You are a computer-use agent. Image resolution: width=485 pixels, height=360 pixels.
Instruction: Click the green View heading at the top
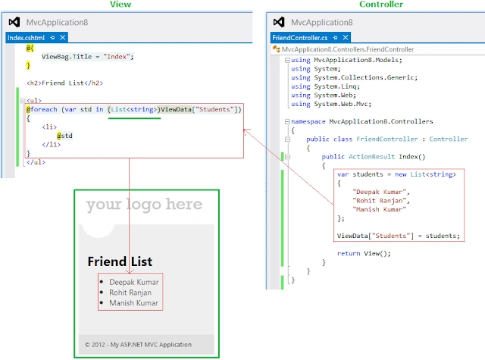coord(120,4)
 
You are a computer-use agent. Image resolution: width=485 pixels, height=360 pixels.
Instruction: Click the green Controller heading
coord(381,4)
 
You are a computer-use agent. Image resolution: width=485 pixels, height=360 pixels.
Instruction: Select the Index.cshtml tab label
coord(26,38)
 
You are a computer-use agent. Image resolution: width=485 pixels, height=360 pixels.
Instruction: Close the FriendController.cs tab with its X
coord(346,37)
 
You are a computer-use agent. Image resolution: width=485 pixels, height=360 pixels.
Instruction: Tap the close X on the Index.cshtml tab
coord(62,37)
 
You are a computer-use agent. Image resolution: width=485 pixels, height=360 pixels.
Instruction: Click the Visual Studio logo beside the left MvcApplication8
coord(14,22)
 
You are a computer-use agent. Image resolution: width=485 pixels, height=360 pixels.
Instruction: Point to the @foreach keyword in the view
coord(42,109)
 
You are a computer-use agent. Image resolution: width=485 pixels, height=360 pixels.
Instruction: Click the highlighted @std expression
coord(64,136)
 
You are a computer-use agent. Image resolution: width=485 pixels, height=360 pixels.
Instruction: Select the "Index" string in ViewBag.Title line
coord(117,57)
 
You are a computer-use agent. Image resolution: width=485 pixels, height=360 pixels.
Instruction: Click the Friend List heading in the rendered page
coord(120,261)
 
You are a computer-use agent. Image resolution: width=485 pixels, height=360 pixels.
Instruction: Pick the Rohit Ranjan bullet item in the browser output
coord(130,293)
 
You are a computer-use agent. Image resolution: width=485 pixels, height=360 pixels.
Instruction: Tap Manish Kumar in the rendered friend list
coord(133,303)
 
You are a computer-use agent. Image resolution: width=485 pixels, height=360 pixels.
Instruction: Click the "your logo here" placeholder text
coord(144,204)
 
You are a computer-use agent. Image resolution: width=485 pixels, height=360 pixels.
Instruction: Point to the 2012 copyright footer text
coord(138,345)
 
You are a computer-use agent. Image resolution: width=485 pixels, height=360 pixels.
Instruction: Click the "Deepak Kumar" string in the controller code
coord(379,192)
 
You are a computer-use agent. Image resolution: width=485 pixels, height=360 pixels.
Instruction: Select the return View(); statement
coord(364,253)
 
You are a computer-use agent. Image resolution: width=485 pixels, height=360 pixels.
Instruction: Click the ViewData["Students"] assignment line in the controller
coord(399,236)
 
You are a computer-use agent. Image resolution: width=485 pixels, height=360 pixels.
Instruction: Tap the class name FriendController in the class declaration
coord(387,139)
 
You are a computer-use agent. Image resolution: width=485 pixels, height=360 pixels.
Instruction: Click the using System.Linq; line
coord(325,86)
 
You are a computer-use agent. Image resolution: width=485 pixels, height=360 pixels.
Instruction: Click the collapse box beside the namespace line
coord(287,121)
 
